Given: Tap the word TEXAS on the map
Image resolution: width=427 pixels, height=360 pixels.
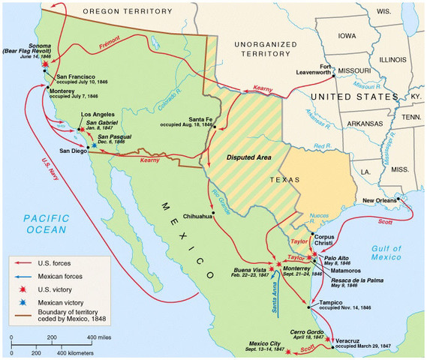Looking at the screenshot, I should click(285, 180).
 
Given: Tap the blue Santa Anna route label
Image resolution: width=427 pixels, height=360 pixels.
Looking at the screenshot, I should click(273, 301).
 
